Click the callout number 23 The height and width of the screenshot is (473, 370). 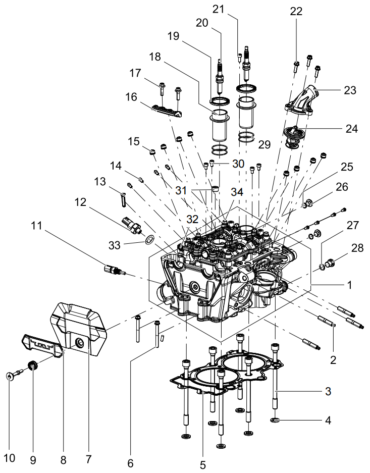tap(350, 90)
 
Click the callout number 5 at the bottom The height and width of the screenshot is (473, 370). tap(203, 465)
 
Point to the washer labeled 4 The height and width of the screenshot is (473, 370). tap(275, 419)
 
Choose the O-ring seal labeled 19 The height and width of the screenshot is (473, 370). tap(220, 101)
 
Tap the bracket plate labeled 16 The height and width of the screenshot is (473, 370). tap(167, 111)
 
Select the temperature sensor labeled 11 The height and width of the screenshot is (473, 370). tap(115, 270)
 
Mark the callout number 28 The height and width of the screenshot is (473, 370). tap(357, 248)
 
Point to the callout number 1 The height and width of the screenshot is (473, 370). tap(349, 285)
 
